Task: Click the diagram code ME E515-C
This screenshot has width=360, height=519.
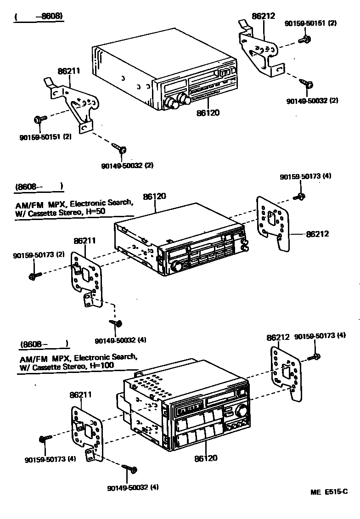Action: point(329,492)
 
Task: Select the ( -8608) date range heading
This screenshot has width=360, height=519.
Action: point(39,17)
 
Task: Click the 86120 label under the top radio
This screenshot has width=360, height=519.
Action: point(208,112)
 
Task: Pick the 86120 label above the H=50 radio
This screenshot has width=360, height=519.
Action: point(154,196)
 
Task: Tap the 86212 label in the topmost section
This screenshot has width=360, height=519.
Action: point(263,16)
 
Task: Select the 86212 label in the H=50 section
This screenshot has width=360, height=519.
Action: point(317,234)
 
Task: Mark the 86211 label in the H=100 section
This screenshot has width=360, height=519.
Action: point(81,395)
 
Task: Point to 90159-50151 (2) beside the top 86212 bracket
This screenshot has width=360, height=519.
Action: point(310,23)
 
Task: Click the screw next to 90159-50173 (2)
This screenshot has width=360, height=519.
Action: point(34,276)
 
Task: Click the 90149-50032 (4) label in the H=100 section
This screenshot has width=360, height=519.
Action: point(133,487)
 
